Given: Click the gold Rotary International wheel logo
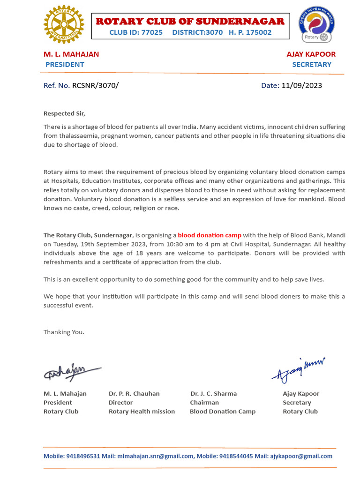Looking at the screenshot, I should [x=64, y=24].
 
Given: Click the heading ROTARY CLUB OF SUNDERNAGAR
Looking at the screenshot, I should [x=190, y=21].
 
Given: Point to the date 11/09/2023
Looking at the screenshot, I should [x=301, y=85].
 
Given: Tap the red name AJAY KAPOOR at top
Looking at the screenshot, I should [x=311, y=54].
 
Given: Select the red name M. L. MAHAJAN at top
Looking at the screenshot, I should [x=71, y=54].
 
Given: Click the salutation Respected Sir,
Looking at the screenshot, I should [x=65, y=113].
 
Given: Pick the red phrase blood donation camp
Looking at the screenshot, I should [x=210, y=235].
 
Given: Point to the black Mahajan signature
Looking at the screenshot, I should [x=72, y=372].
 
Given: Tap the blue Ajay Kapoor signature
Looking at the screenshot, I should [x=298, y=369].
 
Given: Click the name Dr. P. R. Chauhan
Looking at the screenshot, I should [x=134, y=393].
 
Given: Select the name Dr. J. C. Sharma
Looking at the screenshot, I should [x=213, y=393].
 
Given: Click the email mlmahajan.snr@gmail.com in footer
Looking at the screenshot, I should [x=155, y=456].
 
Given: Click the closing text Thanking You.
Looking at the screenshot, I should [x=64, y=332].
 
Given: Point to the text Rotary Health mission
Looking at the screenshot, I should [x=142, y=411].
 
